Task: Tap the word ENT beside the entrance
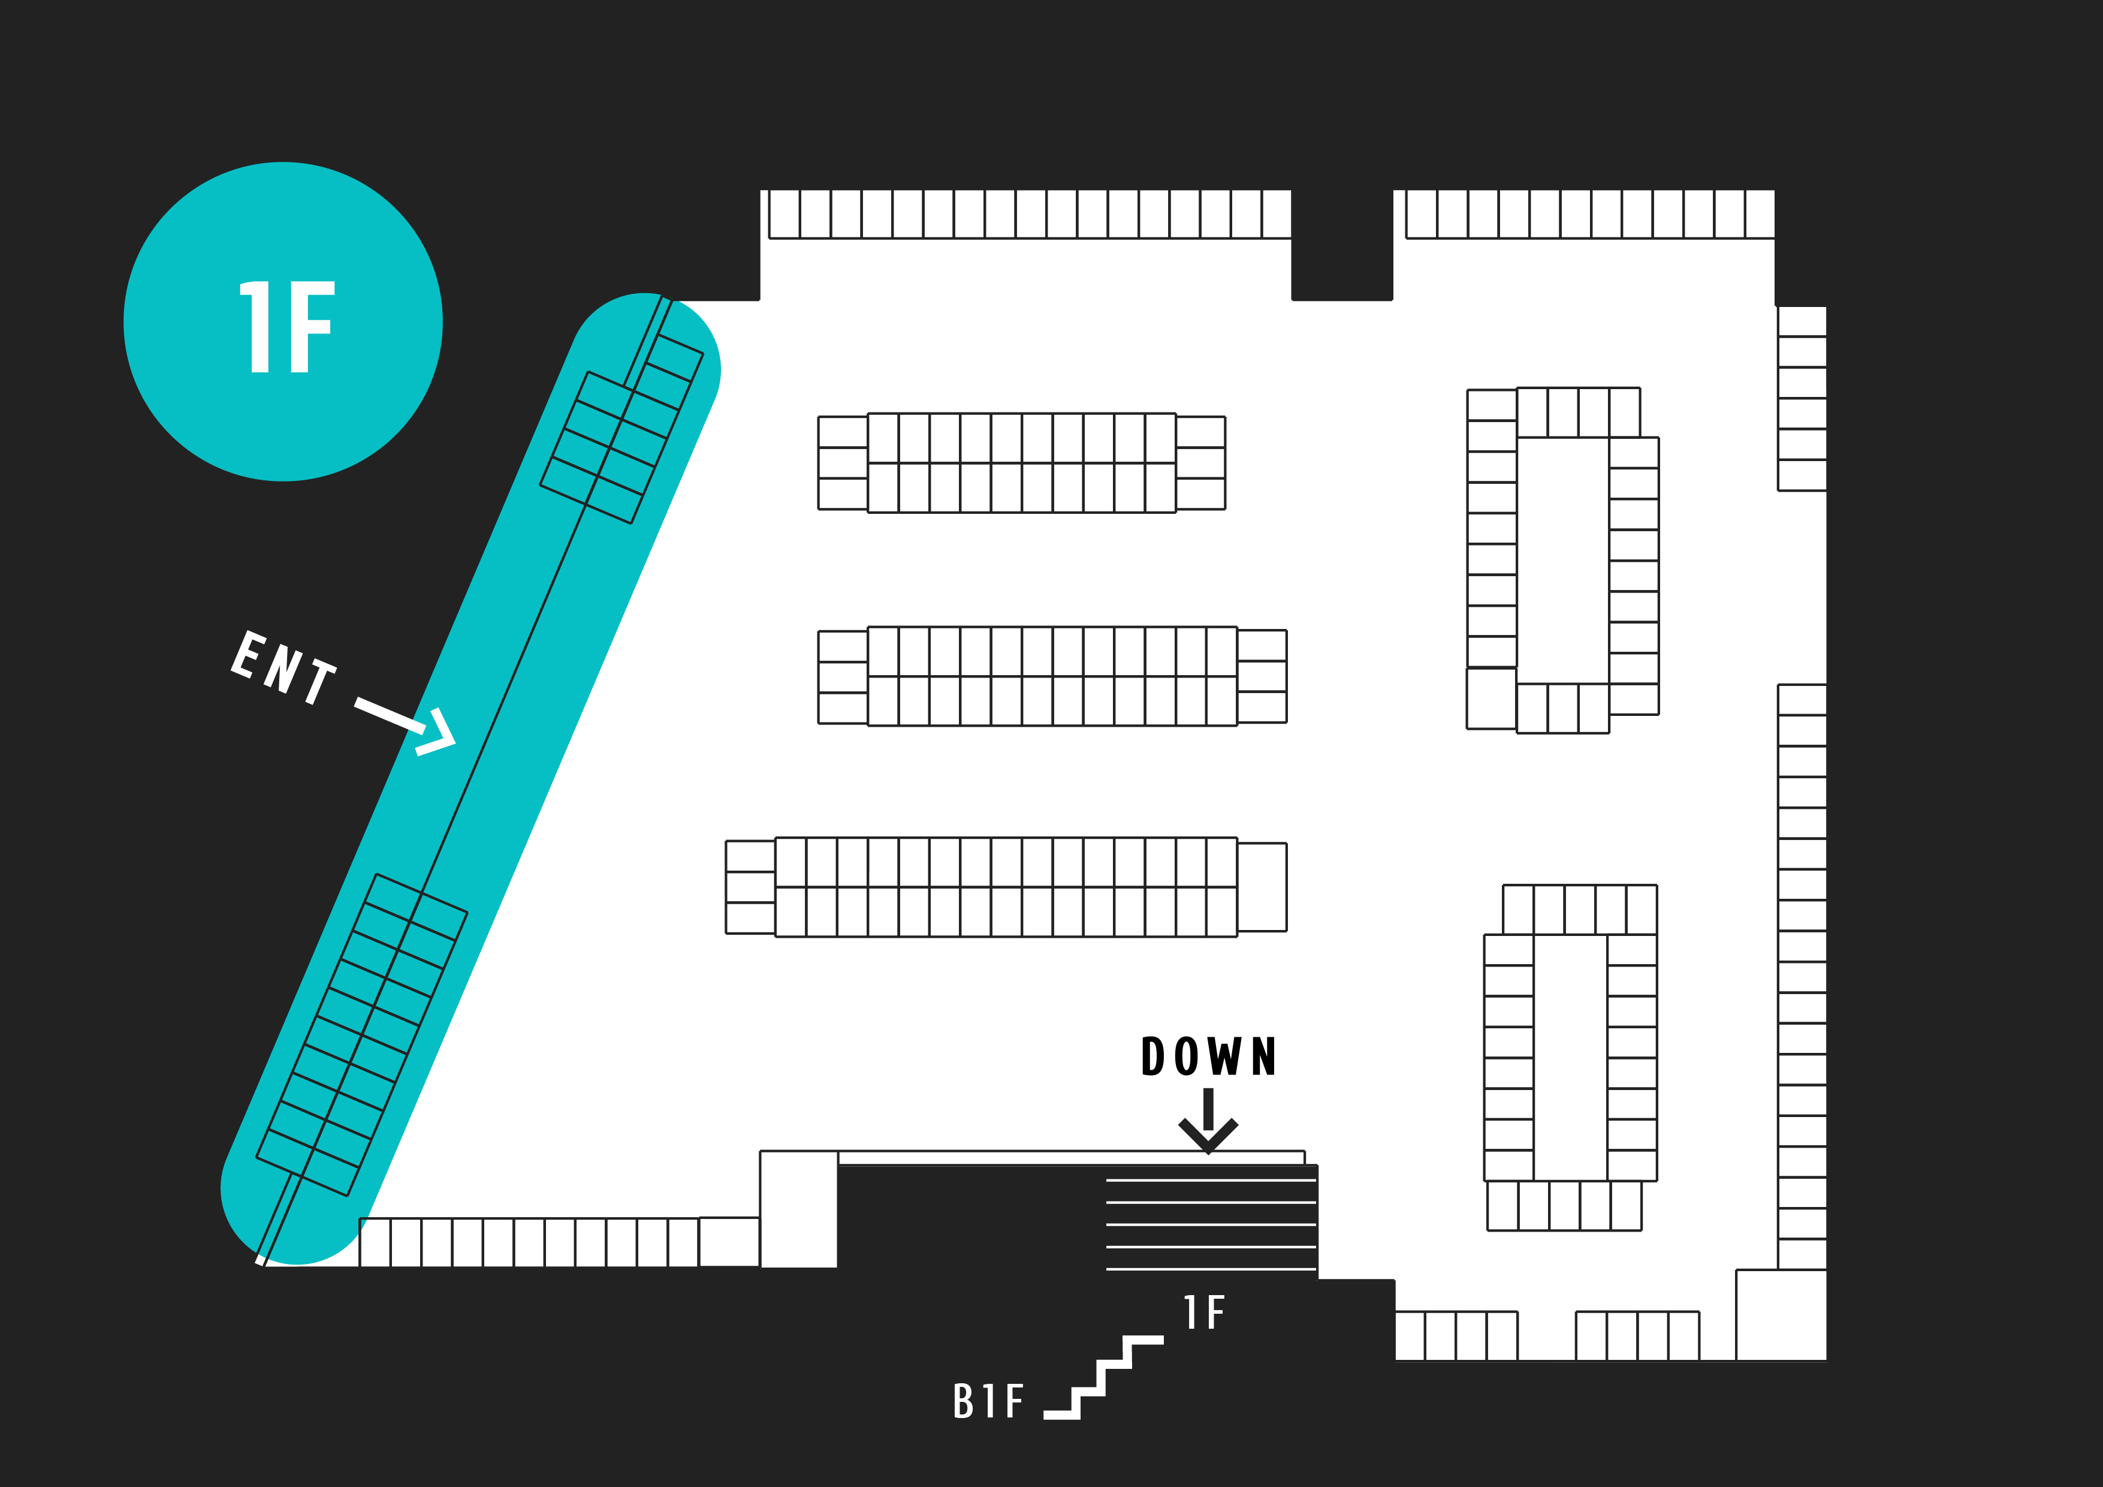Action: pyautogui.click(x=283, y=667)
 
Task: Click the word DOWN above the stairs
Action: pyautogui.click(x=1208, y=1056)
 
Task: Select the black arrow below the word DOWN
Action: pyautogui.click(x=1208, y=1122)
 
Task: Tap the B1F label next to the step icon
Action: pyautogui.click(x=988, y=1401)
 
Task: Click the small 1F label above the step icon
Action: pyautogui.click(x=1203, y=1313)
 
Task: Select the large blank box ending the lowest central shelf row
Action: pyautogui.click(x=1261, y=887)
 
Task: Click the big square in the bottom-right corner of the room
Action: pyautogui.click(x=1781, y=1315)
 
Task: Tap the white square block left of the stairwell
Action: pyautogui.click(x=799, y=1209)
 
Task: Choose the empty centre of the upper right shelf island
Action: pyautogui.click(x=1562, y=560)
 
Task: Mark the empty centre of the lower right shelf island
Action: pyautogui.click(x=1570, y=1057)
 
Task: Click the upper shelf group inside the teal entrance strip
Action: pyautogui.click(x=622, y=430)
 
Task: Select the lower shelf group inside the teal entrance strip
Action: pyautogui.click(x=362, y=1036)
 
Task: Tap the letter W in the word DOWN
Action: pyautogui.click(x=1224, y=1056)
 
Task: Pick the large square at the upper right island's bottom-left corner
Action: pyautogui.click(x=1491, y=698)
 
